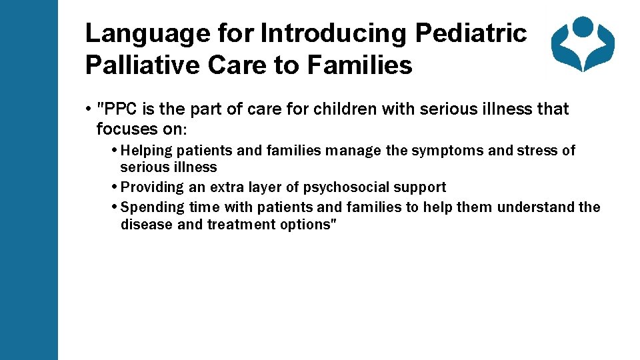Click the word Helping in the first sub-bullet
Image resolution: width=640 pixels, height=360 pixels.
[147, 151]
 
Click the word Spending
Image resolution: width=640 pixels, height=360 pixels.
[153, 207]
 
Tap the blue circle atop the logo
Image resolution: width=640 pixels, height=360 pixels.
[583, 26]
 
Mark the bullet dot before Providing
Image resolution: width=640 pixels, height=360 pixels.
[115, 187]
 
